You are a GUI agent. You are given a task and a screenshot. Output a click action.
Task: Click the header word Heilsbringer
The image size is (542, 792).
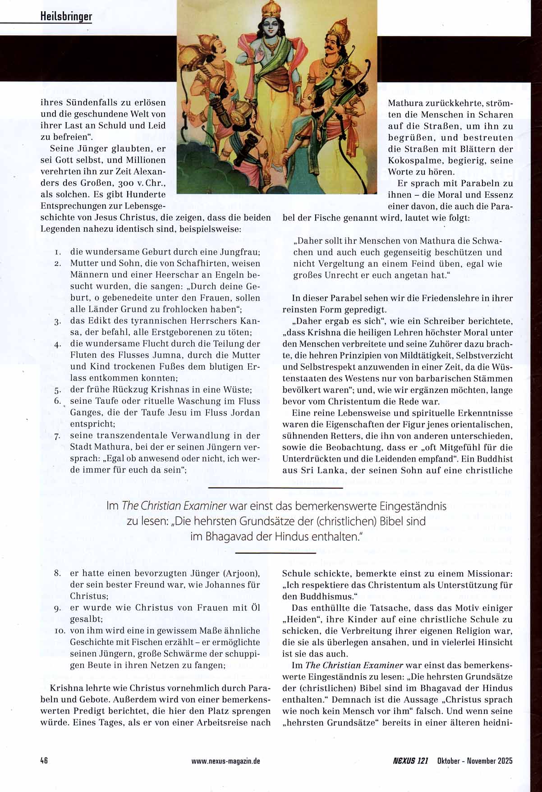66,17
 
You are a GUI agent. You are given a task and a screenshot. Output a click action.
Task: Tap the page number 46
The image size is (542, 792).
44,760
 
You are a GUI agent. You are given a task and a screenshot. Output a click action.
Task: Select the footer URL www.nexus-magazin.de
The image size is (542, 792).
225,761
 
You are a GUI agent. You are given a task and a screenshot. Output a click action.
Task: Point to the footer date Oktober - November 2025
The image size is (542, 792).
474,761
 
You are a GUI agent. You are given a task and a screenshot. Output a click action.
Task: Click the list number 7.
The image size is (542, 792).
57,436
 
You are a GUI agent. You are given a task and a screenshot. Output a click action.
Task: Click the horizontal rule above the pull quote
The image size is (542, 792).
276,488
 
